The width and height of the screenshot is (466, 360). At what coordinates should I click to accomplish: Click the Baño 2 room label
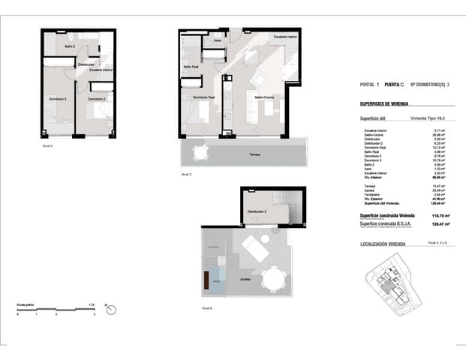69,46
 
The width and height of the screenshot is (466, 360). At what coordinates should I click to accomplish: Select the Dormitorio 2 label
94,98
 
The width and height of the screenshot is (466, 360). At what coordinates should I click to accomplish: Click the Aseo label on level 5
217,40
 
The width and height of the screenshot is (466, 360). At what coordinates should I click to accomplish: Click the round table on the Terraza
200,153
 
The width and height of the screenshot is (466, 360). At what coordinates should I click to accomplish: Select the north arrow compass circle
111,308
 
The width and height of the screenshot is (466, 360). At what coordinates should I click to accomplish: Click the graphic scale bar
56,310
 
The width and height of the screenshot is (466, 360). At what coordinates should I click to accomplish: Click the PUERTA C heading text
395,85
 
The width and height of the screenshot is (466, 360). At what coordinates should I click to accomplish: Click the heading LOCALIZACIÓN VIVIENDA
383,244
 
